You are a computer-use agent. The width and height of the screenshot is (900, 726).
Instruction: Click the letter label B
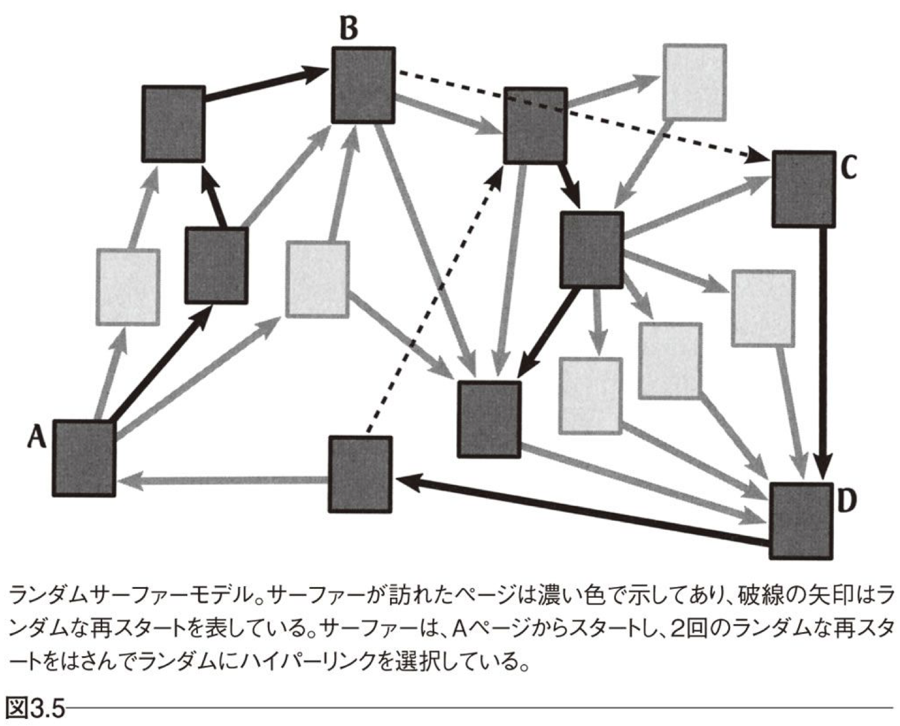tap(349, 28)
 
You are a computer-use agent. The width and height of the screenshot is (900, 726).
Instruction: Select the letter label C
tap(848, 168)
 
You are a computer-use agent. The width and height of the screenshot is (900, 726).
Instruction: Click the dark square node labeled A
tap(84, 458)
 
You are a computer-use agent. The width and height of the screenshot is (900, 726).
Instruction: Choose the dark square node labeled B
tap(363, 85)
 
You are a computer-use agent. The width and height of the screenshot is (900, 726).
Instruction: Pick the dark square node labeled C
tap(804, 189)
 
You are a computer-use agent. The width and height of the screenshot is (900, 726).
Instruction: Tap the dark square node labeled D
tap(801, 521)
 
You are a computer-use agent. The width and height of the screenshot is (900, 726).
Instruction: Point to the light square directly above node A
tap(128, 287)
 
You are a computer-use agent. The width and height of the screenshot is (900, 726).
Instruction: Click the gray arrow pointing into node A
tap(223, 480)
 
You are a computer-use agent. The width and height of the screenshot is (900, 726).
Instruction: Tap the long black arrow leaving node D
tap(578, 510)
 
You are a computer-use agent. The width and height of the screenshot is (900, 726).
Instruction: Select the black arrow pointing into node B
tap(265, 84)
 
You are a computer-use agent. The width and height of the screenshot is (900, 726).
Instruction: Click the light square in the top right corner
tap(694, 81)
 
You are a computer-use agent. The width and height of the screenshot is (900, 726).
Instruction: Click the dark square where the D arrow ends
tap(360, 474)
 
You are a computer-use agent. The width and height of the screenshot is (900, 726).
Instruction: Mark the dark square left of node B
tap(173, 123)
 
